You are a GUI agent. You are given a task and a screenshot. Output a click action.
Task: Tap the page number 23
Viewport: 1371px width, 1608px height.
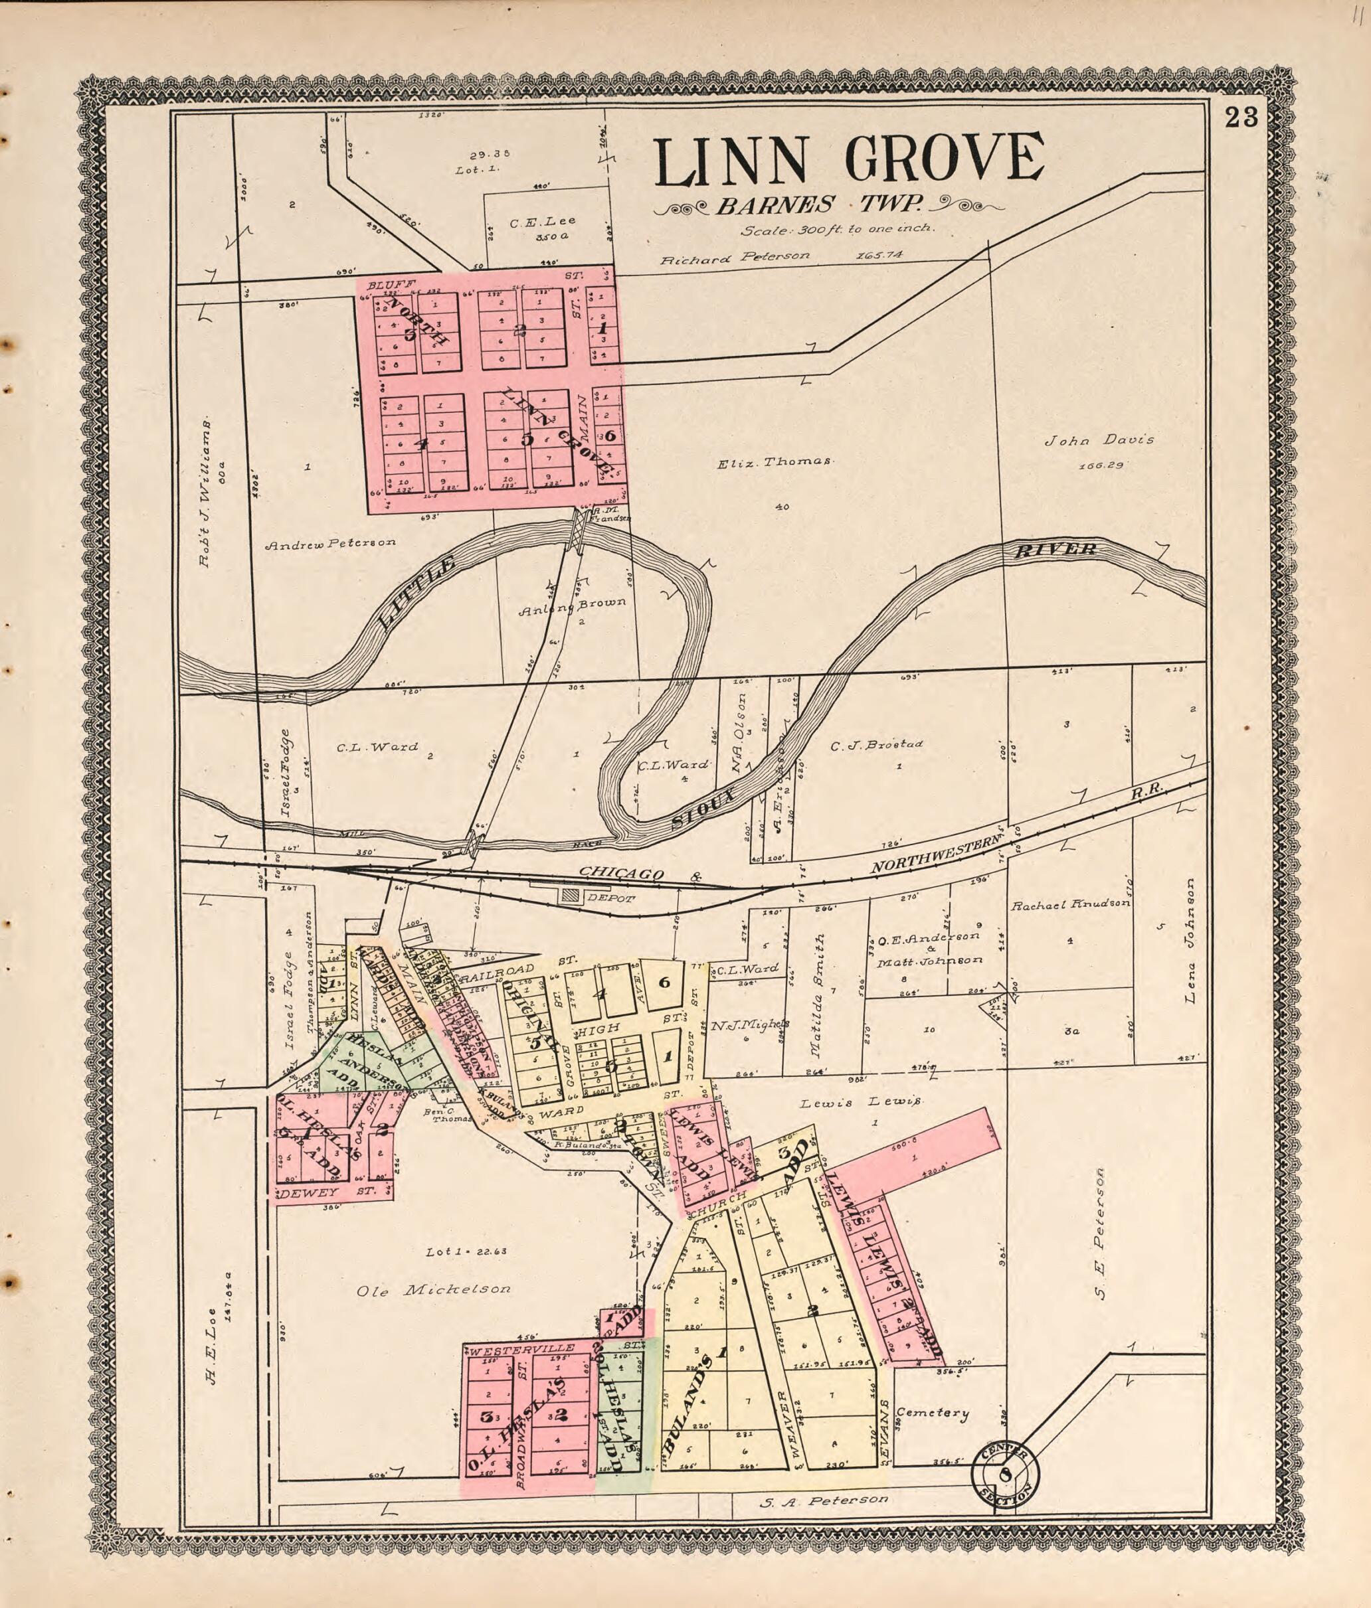[1241, 118]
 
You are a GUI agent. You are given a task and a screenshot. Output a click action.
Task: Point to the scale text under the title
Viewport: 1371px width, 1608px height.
[838, 230]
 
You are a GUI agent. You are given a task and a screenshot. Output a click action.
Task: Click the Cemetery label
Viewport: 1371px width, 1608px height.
[933, 1413]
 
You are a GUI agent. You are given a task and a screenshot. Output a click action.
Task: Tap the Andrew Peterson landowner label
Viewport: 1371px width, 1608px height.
[331, 542]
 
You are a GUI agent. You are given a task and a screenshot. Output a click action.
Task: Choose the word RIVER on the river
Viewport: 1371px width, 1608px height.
[1055, 550]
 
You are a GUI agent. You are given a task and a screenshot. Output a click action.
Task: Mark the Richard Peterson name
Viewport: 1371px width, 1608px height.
[735, 256]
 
